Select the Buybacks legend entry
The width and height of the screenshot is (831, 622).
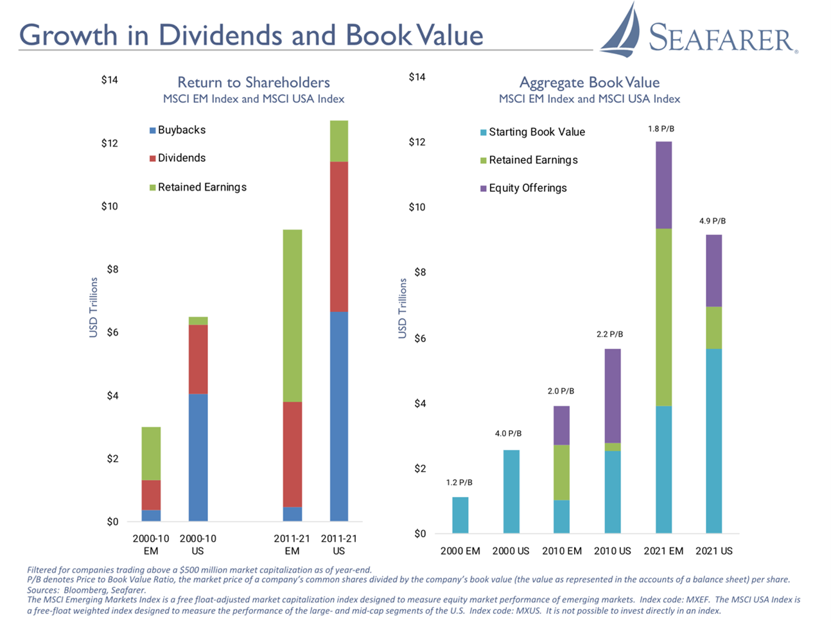coord(181,130)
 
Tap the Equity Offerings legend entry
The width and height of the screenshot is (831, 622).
coord(527,188)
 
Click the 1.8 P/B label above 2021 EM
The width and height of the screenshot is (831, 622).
coord(661,129)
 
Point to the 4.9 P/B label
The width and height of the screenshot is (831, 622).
coord(712,221)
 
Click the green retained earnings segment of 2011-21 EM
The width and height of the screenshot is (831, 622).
coord(292,315)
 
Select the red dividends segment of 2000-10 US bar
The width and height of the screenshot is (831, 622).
coord(198,359)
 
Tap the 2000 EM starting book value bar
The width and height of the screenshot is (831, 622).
coord(460,515)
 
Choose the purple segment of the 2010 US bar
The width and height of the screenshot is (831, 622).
coord(613,395)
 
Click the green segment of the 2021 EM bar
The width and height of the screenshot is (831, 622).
coord(663,317)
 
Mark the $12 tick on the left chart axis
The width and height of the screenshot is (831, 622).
coord(110,143)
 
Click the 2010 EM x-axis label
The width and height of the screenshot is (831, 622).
coord(562,551)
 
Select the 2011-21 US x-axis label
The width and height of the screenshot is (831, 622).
coord(339,544)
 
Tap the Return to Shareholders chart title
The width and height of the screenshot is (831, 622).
coord(254,82)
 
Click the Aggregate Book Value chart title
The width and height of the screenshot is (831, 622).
coord(589,82)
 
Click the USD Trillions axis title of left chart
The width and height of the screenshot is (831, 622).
coord(94,307)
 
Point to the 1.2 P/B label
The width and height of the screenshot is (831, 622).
coord(459,482)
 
